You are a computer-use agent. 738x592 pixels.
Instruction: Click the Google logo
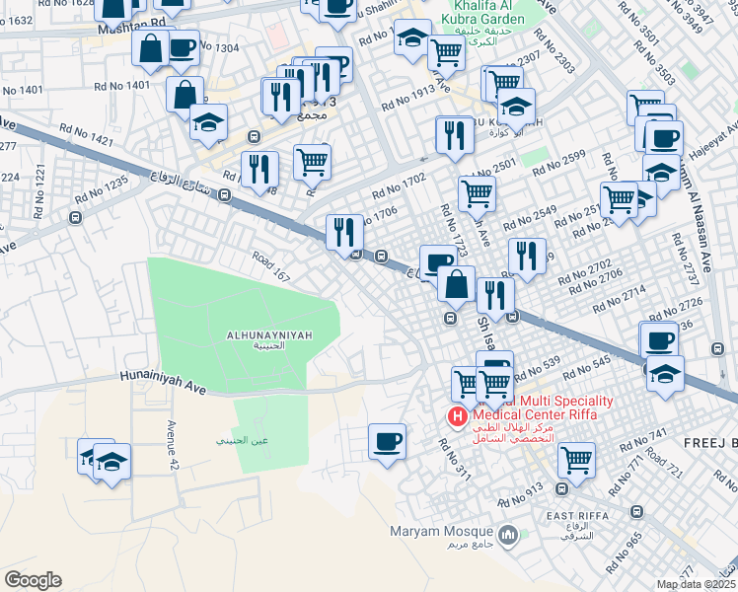33,580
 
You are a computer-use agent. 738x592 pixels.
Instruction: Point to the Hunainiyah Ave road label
163,382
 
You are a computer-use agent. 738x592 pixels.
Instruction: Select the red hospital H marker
457,417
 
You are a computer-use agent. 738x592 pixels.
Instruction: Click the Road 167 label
270,267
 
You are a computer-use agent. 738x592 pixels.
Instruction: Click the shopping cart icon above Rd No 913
576,459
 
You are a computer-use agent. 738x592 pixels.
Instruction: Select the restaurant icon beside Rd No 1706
344,233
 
